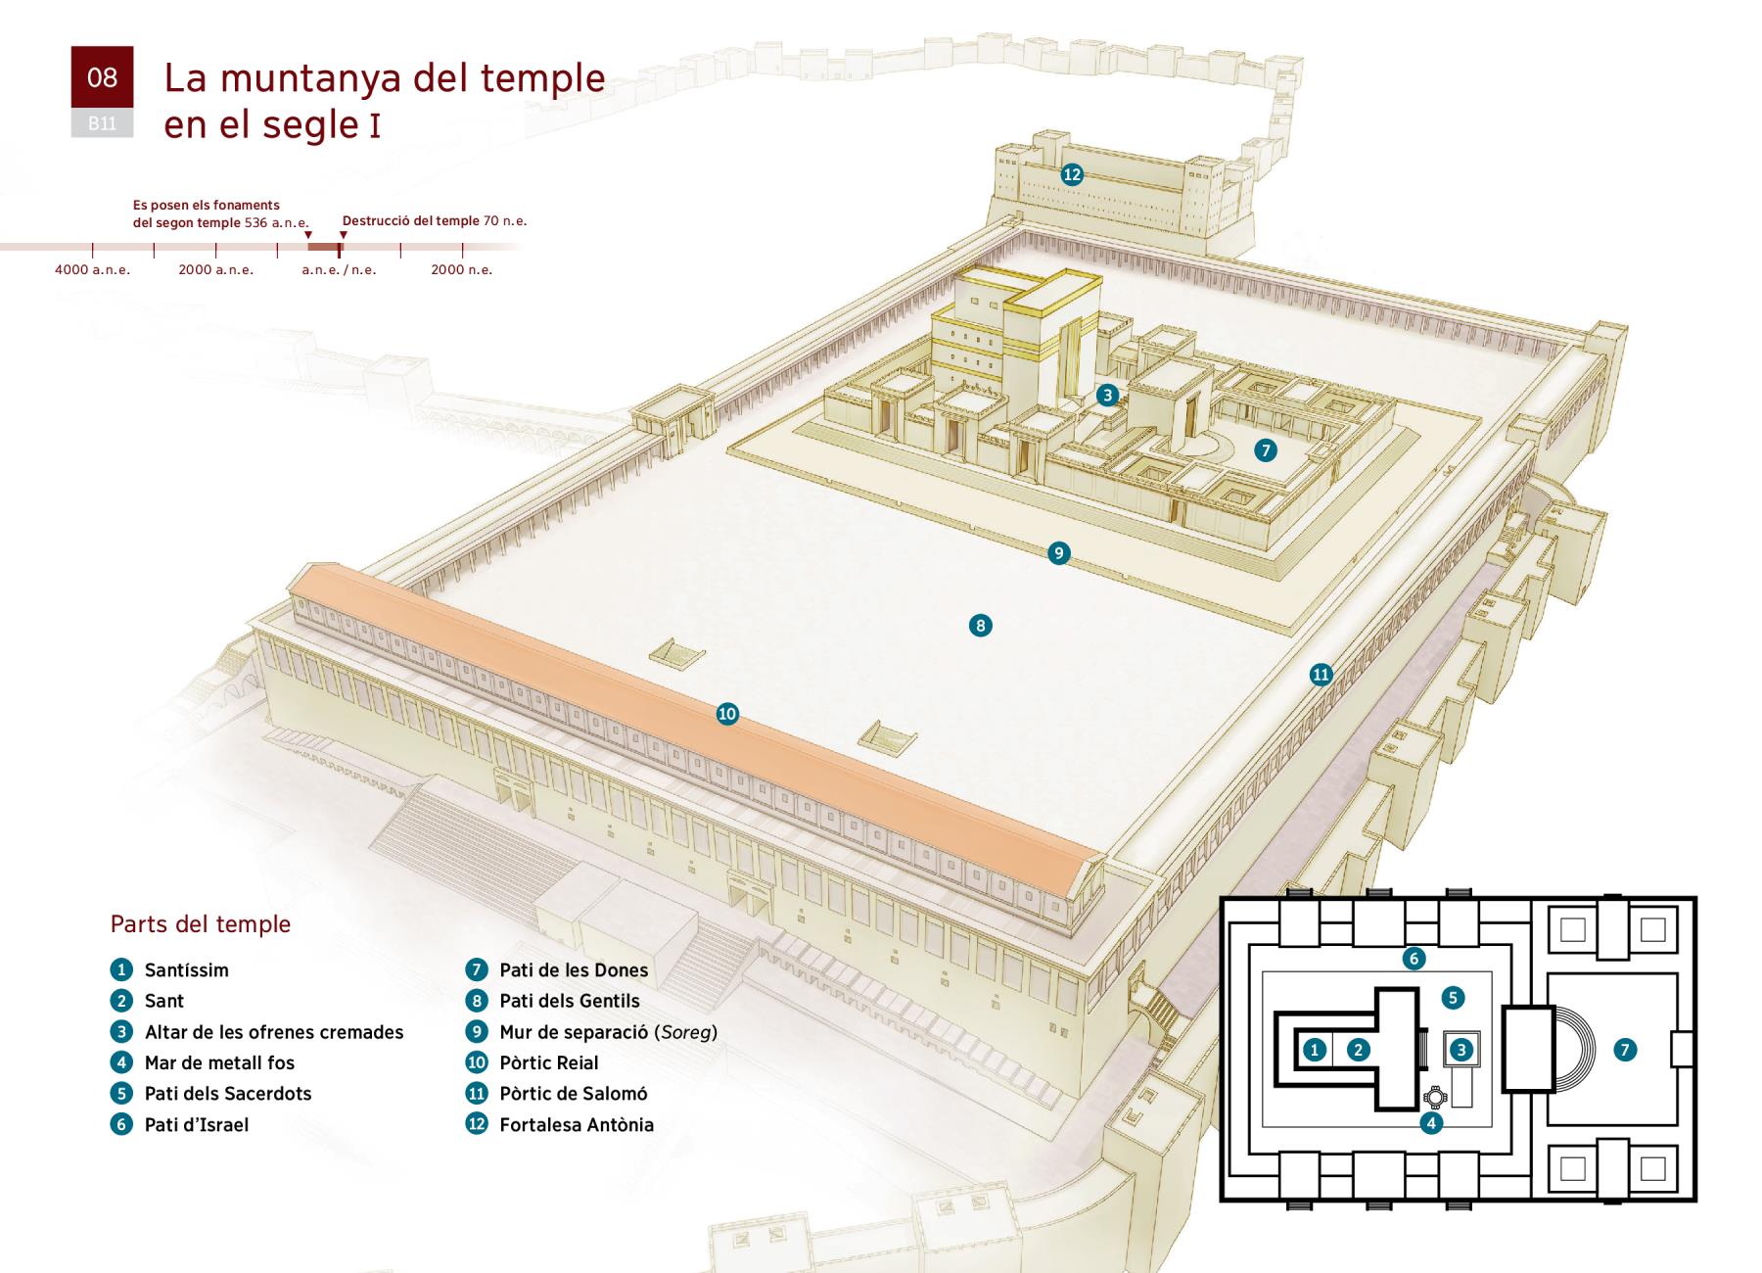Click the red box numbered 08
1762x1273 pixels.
tap(102, 76)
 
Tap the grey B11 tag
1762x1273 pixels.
tap(102, 123)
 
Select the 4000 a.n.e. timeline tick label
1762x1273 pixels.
tap(92, 269)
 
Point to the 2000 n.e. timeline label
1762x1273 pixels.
tap(462, 269)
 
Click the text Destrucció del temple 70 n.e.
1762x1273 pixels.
tap(435, 220)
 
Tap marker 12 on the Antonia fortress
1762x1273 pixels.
tap(1072, 174)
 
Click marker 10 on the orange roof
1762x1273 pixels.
tap(726, 714)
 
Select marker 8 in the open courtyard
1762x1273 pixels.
tap(980, 625)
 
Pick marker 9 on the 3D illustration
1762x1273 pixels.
tap(1058, 553)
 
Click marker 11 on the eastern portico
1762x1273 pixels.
tap(1321, 674)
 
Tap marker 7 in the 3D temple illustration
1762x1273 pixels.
tap(1266, 450)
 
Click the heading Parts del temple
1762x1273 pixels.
tap(201, 924)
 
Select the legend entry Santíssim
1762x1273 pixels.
tap(187, 970)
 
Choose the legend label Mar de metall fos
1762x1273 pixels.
tap(219, 1062)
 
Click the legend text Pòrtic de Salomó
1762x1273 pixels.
tap(574, 1094)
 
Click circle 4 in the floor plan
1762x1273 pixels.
tap(1431, 1123)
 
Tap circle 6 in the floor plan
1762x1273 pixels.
tap(1414, 959)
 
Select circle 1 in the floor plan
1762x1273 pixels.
tap(1315, 1050)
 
